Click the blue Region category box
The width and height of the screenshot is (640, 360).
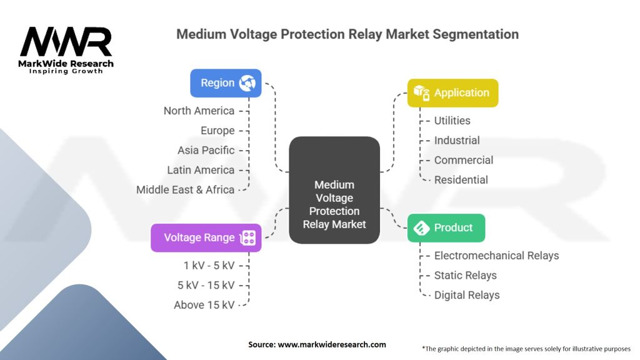[226, 83]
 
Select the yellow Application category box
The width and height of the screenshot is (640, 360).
[452, 93]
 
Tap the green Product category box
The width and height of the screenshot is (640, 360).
[446, 227]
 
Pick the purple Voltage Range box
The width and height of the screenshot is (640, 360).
[206, 237]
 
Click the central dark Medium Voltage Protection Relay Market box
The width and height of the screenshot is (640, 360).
[334, 190]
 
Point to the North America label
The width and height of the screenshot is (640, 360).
[199, 111]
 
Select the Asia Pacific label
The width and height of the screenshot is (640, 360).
[206, 150]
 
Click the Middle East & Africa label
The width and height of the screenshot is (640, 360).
[185, 189]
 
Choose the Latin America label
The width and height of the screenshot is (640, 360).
[201, 170]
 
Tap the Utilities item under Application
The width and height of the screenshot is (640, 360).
[452, 121]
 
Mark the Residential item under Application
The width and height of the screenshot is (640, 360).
[461, 180]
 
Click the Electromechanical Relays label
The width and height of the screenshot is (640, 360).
[496, 256]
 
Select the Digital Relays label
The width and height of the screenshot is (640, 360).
[466, 295]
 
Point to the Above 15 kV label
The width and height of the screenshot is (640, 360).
[204, 305]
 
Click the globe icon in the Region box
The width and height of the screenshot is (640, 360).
[247, 83]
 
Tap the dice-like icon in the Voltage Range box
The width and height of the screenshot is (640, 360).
[248, 237]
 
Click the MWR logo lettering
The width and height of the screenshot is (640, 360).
[66, 42]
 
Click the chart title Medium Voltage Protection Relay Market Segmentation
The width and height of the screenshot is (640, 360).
[347, 34]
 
